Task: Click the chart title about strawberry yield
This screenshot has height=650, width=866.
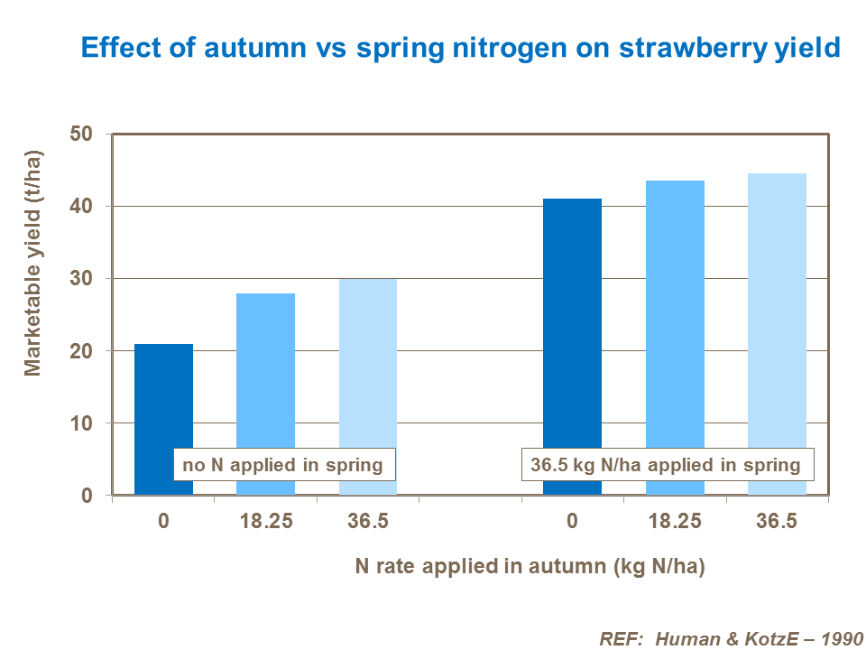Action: click(460, 48)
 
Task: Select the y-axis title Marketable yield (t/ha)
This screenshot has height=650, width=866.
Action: click(33, 261)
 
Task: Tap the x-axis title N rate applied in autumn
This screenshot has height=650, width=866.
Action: click(530, 566)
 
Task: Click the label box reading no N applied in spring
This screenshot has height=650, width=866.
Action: click(284, 466)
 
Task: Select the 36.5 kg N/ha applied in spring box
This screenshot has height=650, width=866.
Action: click(667, 465)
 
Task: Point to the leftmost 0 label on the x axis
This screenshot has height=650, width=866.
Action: click(163, 523)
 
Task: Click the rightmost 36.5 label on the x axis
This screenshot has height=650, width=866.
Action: click(777, 523)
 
